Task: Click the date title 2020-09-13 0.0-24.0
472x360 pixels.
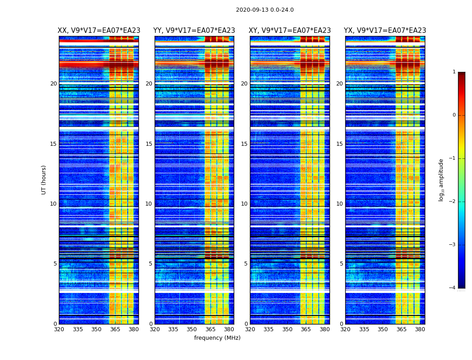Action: (x=265, y=10)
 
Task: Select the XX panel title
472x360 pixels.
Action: (x=99, y=31)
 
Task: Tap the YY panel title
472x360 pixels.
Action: (x=194, y=31)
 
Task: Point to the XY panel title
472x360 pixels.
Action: (x=290, y=31)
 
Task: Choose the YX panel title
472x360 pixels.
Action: (x=385, y=31)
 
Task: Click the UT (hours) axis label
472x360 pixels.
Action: (x=44, y=180)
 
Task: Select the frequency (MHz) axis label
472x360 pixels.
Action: (x=217, y=338)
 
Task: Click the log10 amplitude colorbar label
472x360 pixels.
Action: (x=441, y=180)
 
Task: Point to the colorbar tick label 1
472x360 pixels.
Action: (x=454, y=72)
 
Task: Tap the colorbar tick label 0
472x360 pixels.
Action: (x=454, y=115)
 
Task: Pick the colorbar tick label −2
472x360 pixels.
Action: (x=453, y=202)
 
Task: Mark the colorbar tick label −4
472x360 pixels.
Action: (x=453, y=288)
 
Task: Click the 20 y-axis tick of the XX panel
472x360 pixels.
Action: (x=53, y=84)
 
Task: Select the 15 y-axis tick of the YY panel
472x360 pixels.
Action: (x=149, y=144)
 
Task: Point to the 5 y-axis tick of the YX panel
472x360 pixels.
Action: (x=341, y=264)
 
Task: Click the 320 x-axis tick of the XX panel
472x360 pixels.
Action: (x=59, y=329)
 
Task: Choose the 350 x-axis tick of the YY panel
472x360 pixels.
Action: (x=192, y=329)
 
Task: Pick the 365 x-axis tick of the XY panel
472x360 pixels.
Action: (x=306, y=329)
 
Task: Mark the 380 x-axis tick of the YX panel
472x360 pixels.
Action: (x=420, y=329)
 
